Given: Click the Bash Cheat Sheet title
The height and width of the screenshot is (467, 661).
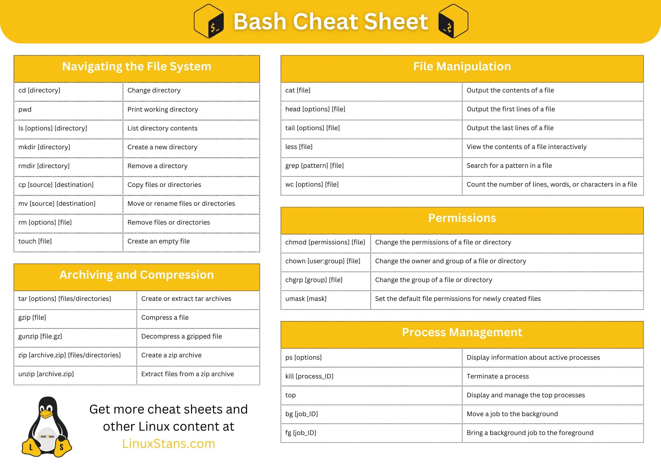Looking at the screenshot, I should coord(330,22).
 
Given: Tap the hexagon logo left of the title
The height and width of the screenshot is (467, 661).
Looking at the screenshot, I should coord(209,21).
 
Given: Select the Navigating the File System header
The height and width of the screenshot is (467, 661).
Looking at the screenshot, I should coord(136,67).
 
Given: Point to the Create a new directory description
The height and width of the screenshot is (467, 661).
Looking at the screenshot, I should coord(162,147).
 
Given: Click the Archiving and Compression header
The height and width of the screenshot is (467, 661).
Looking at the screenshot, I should coord(136,275).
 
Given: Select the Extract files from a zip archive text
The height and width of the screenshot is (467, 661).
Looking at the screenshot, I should coord(187,374).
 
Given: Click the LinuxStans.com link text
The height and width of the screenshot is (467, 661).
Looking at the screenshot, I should coord(169,444).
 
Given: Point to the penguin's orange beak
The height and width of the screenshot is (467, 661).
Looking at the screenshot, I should coord(46,414).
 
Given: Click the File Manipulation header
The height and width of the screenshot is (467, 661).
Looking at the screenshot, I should coord(462,67).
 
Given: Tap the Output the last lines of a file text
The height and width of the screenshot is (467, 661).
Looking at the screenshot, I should coord(510,128).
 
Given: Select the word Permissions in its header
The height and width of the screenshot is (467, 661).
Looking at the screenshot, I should coord(462,218).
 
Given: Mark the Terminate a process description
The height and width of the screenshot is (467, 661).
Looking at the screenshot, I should coord(497,377).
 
